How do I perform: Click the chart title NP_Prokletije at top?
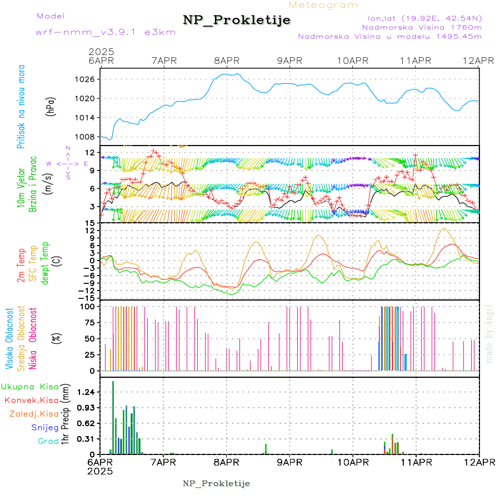click(x=237, y=21)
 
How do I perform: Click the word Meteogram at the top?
click(x=324, y=5)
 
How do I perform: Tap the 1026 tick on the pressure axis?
click(x=86, y=79)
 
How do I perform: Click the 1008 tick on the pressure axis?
click(x=86, y=137)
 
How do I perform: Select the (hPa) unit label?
click(x=51, y=106)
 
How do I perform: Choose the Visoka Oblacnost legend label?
click(x=9, y=338)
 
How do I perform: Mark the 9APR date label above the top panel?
click(x=289, y=60)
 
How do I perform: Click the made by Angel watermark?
click(x=489, y=333)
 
